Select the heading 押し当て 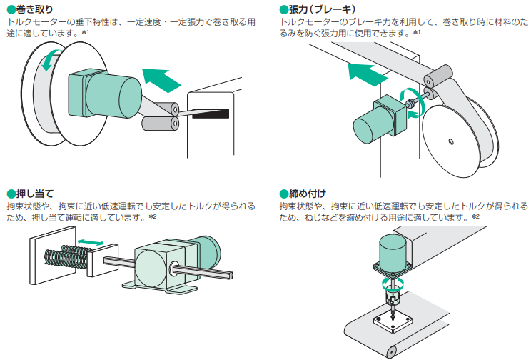[29, 193]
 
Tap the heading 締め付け [307, 193]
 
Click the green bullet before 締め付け [283, 193]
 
